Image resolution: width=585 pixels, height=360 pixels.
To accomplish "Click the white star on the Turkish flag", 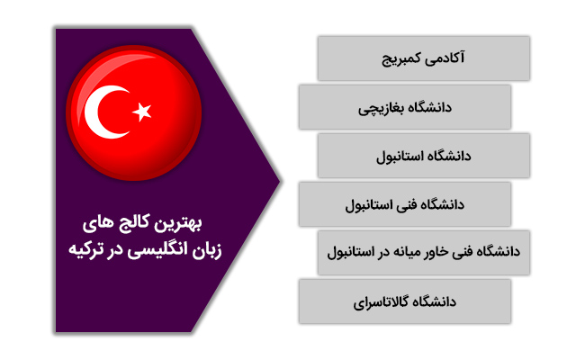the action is pos(142,112).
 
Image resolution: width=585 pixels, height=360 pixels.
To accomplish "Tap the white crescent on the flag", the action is pos(98,112).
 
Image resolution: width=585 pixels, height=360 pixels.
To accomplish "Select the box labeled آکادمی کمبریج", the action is pos(424,58).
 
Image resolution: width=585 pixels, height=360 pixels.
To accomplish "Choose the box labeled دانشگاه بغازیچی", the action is pos(405,107).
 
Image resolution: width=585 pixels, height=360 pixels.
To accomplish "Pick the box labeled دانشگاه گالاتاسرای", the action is pos(405,301).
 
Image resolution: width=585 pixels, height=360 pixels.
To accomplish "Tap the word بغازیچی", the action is pos(377,109).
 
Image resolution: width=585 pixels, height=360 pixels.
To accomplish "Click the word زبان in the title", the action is pos(207,251).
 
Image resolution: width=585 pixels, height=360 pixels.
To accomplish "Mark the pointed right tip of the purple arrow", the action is pos(280,181).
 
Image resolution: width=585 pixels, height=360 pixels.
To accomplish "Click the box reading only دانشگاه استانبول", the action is pos(424,155).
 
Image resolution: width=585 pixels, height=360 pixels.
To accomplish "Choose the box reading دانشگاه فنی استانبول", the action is pos(405,204).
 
